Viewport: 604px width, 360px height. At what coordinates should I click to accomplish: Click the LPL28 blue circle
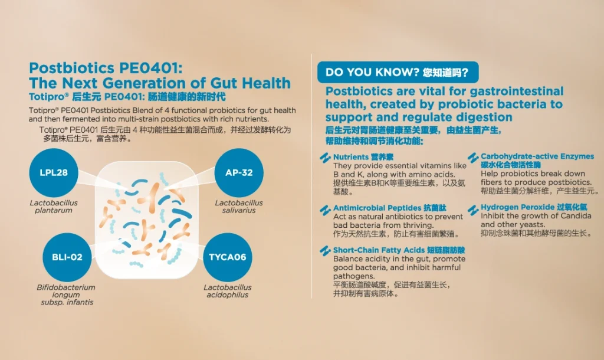click(x=54, y=173)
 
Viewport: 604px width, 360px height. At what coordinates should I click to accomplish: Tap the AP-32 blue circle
click(x=239, y=173)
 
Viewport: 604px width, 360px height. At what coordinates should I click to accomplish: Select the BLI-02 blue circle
click(x=67, y=257)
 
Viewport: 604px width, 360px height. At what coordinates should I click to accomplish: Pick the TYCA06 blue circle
click(x=227, y=257)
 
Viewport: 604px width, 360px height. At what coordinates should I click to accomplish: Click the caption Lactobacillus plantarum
click(x=54, y=207)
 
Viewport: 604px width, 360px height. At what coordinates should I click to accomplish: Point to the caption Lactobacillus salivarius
click(x=239, y=207)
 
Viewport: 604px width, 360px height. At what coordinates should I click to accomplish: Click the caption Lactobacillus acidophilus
click(x=227, y=291)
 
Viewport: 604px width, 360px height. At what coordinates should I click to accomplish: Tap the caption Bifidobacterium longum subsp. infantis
click(x=66, y=295)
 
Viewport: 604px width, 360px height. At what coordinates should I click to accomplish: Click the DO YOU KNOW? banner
click(x=398, y=72)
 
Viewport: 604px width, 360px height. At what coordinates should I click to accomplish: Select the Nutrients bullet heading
click(x=363, y=157)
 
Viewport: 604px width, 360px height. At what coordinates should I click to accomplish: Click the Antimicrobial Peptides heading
click(x=390, y=208)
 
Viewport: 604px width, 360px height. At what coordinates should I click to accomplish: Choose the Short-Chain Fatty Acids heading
click(x=399, y=250)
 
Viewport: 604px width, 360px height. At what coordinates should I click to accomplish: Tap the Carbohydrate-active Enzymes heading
click(x=537, y=161)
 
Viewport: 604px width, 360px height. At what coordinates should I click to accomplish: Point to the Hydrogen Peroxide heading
click(x=534, y=207)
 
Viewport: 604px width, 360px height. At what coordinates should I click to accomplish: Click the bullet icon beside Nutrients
click(x=325, y=158)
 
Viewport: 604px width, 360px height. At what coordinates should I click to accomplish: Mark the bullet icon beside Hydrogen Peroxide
click(x=473, y=210)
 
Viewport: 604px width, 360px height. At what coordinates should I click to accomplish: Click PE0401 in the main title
click(x=150, y=68)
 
